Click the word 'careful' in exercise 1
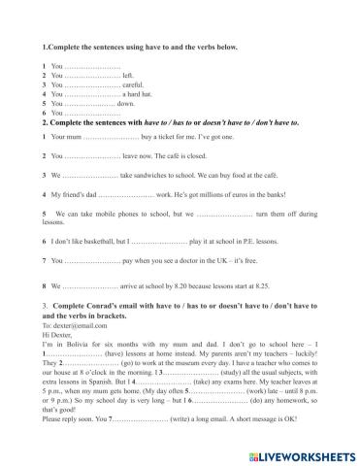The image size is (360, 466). (133, 83)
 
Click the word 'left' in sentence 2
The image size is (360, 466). (129, 75)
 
